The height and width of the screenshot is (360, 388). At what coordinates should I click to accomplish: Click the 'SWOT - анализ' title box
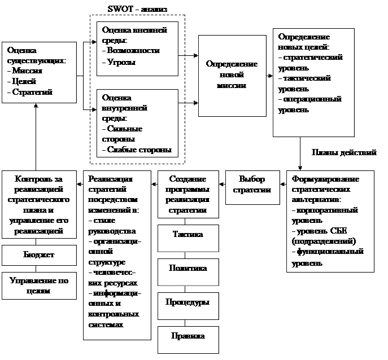pos(137,8)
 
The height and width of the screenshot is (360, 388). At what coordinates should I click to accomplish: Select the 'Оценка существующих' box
pos(39,72)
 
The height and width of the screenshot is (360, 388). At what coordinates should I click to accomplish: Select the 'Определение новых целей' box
pos(313,82)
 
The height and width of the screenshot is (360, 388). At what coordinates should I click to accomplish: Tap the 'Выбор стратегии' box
pos(252,185)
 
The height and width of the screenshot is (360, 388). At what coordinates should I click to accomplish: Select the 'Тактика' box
pos(188,235)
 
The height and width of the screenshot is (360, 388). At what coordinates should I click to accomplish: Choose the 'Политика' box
pos(188,268)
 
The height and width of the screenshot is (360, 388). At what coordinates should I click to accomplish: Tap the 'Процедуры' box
pos(188,302)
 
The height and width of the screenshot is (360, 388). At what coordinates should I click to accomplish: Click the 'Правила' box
pos(188,336)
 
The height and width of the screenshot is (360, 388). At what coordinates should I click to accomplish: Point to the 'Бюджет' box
pos(39,255)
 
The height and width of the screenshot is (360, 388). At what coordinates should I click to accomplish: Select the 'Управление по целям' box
pos(39,286)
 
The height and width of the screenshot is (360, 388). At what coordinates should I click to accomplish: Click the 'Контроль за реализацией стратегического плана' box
pos(39,204)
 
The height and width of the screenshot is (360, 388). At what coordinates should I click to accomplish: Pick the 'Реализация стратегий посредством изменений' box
pos(117,253)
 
